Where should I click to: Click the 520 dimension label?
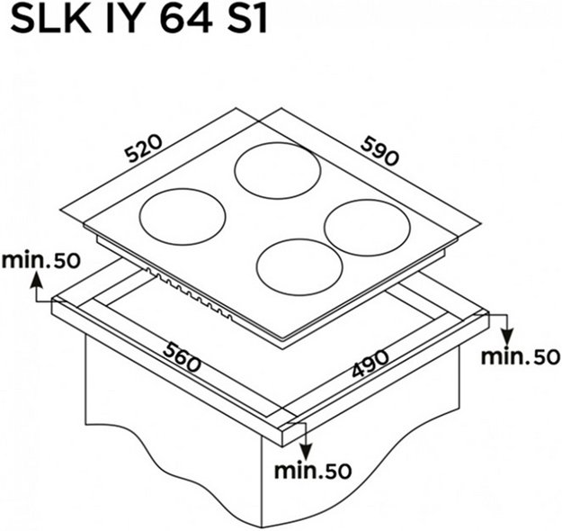tap(144, 148)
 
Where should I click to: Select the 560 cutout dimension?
tap(182, 356)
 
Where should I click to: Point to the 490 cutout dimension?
tap(370, 363)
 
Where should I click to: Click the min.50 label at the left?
tap(40, 260)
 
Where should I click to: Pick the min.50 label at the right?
tap(521, 356)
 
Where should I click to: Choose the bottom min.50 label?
tap(313, 471)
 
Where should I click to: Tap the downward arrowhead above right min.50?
tap(507, 337)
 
